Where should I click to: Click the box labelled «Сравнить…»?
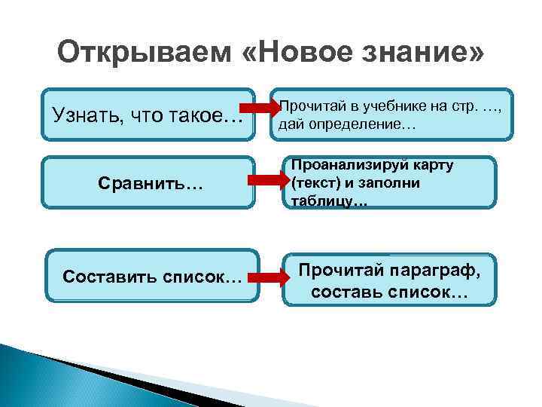(148, 182)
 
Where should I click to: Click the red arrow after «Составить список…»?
(268, 277)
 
